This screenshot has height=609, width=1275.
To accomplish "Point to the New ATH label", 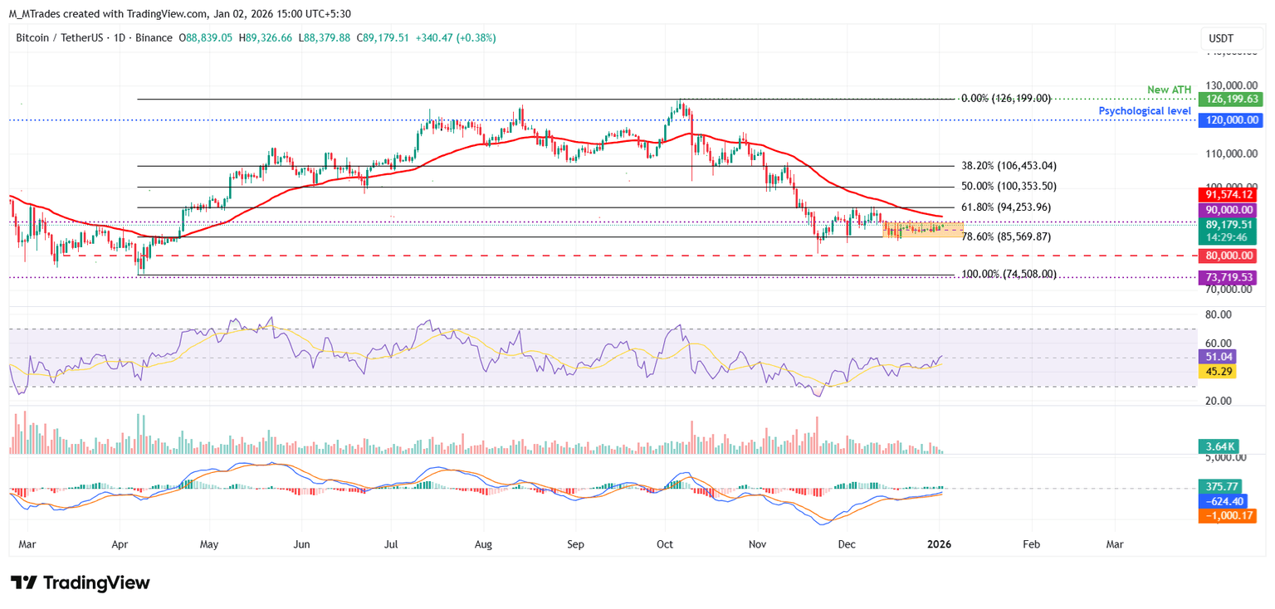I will pos(1169,90).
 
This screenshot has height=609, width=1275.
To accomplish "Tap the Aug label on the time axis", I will pos(483,544).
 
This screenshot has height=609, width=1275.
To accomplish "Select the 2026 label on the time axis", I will pos(939,544).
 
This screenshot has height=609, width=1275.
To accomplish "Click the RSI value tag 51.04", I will pos(1218,356).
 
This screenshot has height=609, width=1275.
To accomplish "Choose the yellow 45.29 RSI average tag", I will pos(1218,371).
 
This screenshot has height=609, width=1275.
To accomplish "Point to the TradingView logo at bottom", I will pos(81,582).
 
